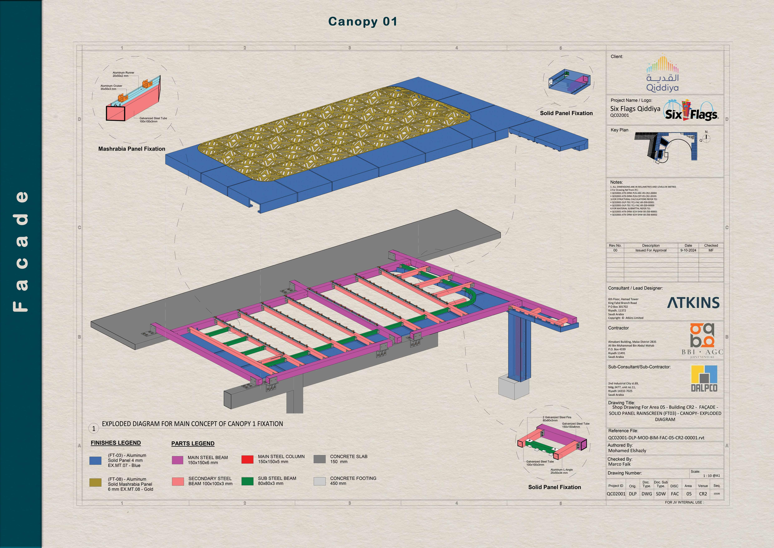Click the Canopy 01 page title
coord(363,22)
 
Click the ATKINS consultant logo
coord(693,303)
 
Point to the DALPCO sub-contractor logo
coord(704,379)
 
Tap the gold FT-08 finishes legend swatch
coord(95,483)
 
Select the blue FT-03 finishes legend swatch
coord(95,461)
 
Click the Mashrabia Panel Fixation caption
coord(132,149)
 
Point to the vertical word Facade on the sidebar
coord(21,251)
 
